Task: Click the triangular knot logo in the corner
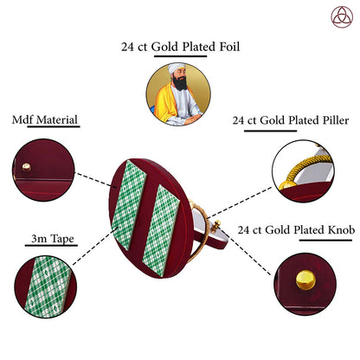click(342, 17)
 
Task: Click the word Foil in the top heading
click(229, 47)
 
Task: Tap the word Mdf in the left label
click(22, 119)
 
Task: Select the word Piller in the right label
click(336, 120)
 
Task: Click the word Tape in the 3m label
click(62, 239)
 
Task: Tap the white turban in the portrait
click(176, 68)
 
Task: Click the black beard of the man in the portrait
click(180, 83)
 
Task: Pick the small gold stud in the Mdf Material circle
click(27, 167)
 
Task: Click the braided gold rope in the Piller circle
click(305, 167)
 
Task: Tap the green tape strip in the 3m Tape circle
click(48, 287)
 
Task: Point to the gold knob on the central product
click(215, 226)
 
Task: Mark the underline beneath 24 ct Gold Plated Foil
click(180, 55)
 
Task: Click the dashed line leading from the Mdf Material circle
click(93, 179)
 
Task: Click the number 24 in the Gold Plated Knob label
click(243, 230)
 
